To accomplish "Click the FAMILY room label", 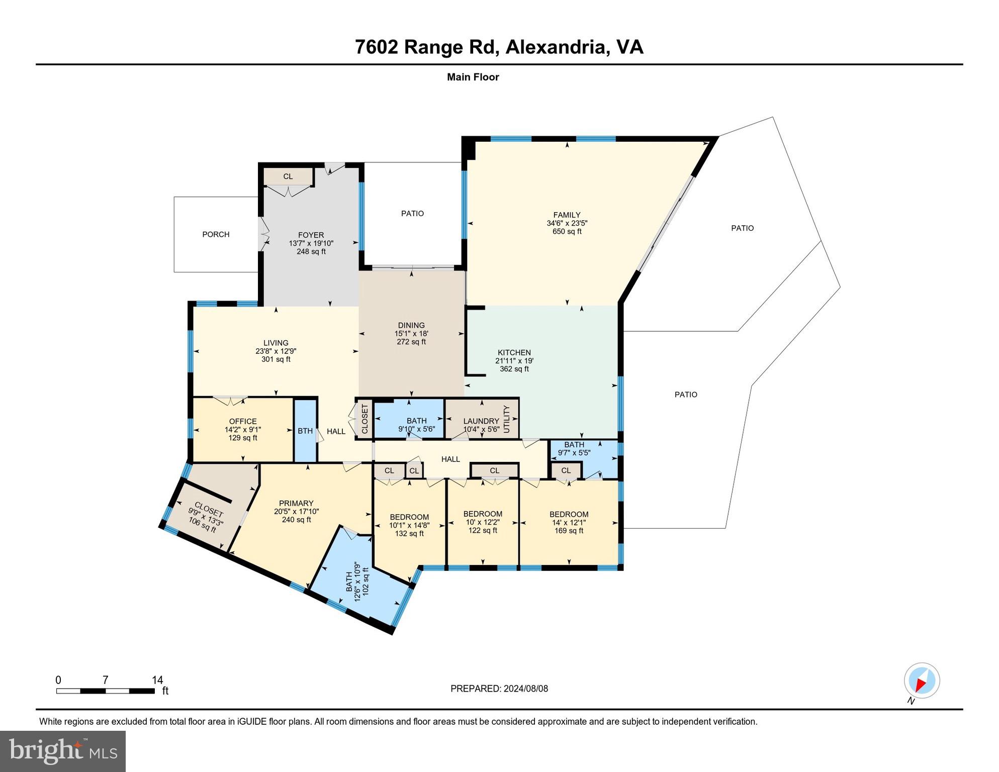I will click(x=567, y=215).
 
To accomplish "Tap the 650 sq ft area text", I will click(x=567, y=232).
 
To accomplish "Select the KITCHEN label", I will click(x=514, y=352).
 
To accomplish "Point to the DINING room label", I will click(x=411, y=325).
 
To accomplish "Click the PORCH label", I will click(x=216, y=234).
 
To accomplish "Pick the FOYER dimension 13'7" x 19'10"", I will click(x=311, y=243).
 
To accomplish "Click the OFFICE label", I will click(x=243, y=421).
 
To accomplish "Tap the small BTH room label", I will click(x=305, y=431).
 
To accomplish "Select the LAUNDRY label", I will click(x=481, y=421).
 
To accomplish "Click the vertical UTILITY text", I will click(x=507, y=419).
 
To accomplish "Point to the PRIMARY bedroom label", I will click(x=296, y=503).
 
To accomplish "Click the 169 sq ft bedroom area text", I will click(x=569, y=531).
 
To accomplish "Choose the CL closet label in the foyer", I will click(x=288, y=176).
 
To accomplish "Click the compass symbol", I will click(x=922, y=681).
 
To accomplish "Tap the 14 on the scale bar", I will click(x=157, y=680).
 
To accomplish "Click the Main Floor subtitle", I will click(x=473, y=77).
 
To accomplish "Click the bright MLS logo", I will click(x=63, y=751).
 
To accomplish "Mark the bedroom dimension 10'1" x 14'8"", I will click(x=409, y=526).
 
